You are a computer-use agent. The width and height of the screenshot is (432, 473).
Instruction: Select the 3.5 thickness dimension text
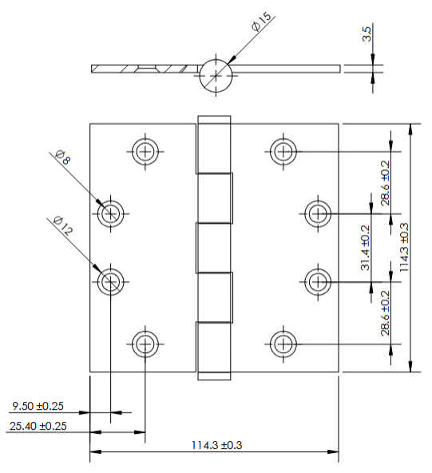coord(367,34)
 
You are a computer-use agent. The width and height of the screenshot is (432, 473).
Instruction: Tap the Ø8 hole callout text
coord(62,157)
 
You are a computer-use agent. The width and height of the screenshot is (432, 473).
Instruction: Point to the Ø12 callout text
coord(62,225)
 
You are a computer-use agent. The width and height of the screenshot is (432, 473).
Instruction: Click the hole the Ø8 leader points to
coord(110,213)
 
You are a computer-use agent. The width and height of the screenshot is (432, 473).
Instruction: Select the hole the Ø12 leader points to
coord(110,280)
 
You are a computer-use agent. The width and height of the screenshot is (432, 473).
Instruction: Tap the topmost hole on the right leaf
coord(282,150)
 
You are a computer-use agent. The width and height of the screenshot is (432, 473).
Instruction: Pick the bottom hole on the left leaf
coord(145,344)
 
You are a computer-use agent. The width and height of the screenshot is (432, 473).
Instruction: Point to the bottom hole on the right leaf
coord(282,344)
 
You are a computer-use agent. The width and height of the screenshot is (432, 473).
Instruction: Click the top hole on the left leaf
coord(145,150)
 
